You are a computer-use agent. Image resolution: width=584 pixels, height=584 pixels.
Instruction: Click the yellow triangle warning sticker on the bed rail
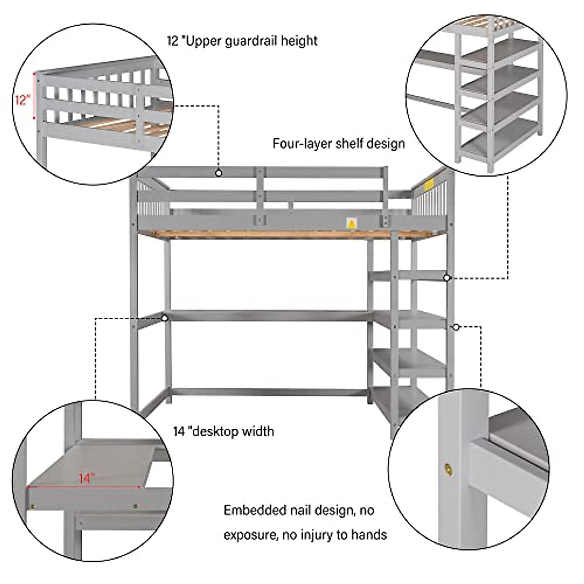[x=350, y=223]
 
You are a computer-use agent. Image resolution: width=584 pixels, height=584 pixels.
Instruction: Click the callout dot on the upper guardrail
[x=219, y=173]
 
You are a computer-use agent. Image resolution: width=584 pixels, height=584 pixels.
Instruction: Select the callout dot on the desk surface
[x=165, y=318]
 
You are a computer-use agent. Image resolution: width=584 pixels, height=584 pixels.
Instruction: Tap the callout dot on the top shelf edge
[x=446, y=277]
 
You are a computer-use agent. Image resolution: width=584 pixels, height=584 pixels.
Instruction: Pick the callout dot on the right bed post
[x=456, y=327]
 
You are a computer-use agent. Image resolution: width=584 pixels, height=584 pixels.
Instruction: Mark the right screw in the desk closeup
[x=135, y=507]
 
